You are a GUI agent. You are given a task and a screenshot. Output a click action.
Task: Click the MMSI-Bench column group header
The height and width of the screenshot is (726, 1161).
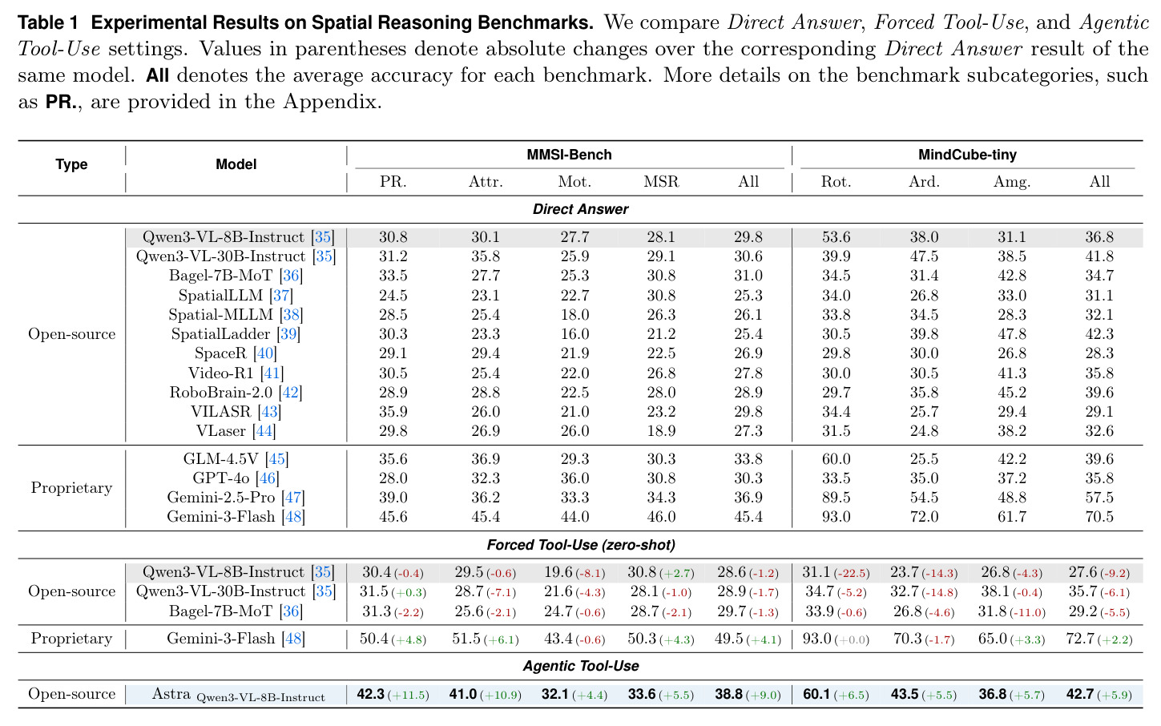click(x=569, y=155)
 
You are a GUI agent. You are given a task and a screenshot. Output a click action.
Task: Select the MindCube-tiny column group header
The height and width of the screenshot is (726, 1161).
click(x=967, y=155)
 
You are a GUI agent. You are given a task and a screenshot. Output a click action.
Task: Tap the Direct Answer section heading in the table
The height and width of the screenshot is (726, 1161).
click(x=580, y=209)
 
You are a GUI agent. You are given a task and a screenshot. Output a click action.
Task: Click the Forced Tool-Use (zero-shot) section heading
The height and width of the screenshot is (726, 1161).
click(x=580, y=545)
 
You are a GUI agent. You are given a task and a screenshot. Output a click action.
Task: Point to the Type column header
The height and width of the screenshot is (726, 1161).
click(x=71, y=165)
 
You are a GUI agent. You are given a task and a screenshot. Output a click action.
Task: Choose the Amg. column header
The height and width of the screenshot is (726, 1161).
click(x=1012, y=182)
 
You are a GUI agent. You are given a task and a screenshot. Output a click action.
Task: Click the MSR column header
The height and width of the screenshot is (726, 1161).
click(x=661, y=182)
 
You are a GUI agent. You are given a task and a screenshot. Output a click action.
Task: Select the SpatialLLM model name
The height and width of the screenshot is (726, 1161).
click(x=221, y=296)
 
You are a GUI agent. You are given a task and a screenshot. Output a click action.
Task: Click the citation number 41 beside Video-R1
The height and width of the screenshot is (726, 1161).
click(x=272, y=373)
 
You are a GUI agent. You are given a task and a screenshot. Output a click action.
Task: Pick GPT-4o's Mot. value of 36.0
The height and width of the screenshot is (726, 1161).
click(x=574, y=478)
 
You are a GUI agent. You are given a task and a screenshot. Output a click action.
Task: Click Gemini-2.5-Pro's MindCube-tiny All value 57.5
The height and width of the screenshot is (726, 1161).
click(x=1099, y=498)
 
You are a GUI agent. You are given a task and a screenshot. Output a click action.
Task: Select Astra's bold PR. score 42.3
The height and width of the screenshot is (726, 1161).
click(x=371, y=695)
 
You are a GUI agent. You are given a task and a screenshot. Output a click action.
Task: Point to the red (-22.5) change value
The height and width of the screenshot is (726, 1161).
click(x=852, y=573)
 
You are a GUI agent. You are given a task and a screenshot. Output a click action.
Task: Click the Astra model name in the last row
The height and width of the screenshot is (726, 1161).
click(x=171, y=694)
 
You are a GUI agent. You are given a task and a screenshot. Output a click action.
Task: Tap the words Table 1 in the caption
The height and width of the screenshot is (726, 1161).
click(x=48, y=22)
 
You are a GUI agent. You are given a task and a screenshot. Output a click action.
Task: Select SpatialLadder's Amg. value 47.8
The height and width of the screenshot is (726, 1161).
click(x=1012, y=334)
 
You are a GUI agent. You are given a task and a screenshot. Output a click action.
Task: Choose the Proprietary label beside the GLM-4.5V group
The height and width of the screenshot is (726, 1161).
click(x=71, y=488)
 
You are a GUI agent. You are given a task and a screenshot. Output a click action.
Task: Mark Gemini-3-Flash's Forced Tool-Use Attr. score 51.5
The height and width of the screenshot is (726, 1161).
click(x=466, y=639)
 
